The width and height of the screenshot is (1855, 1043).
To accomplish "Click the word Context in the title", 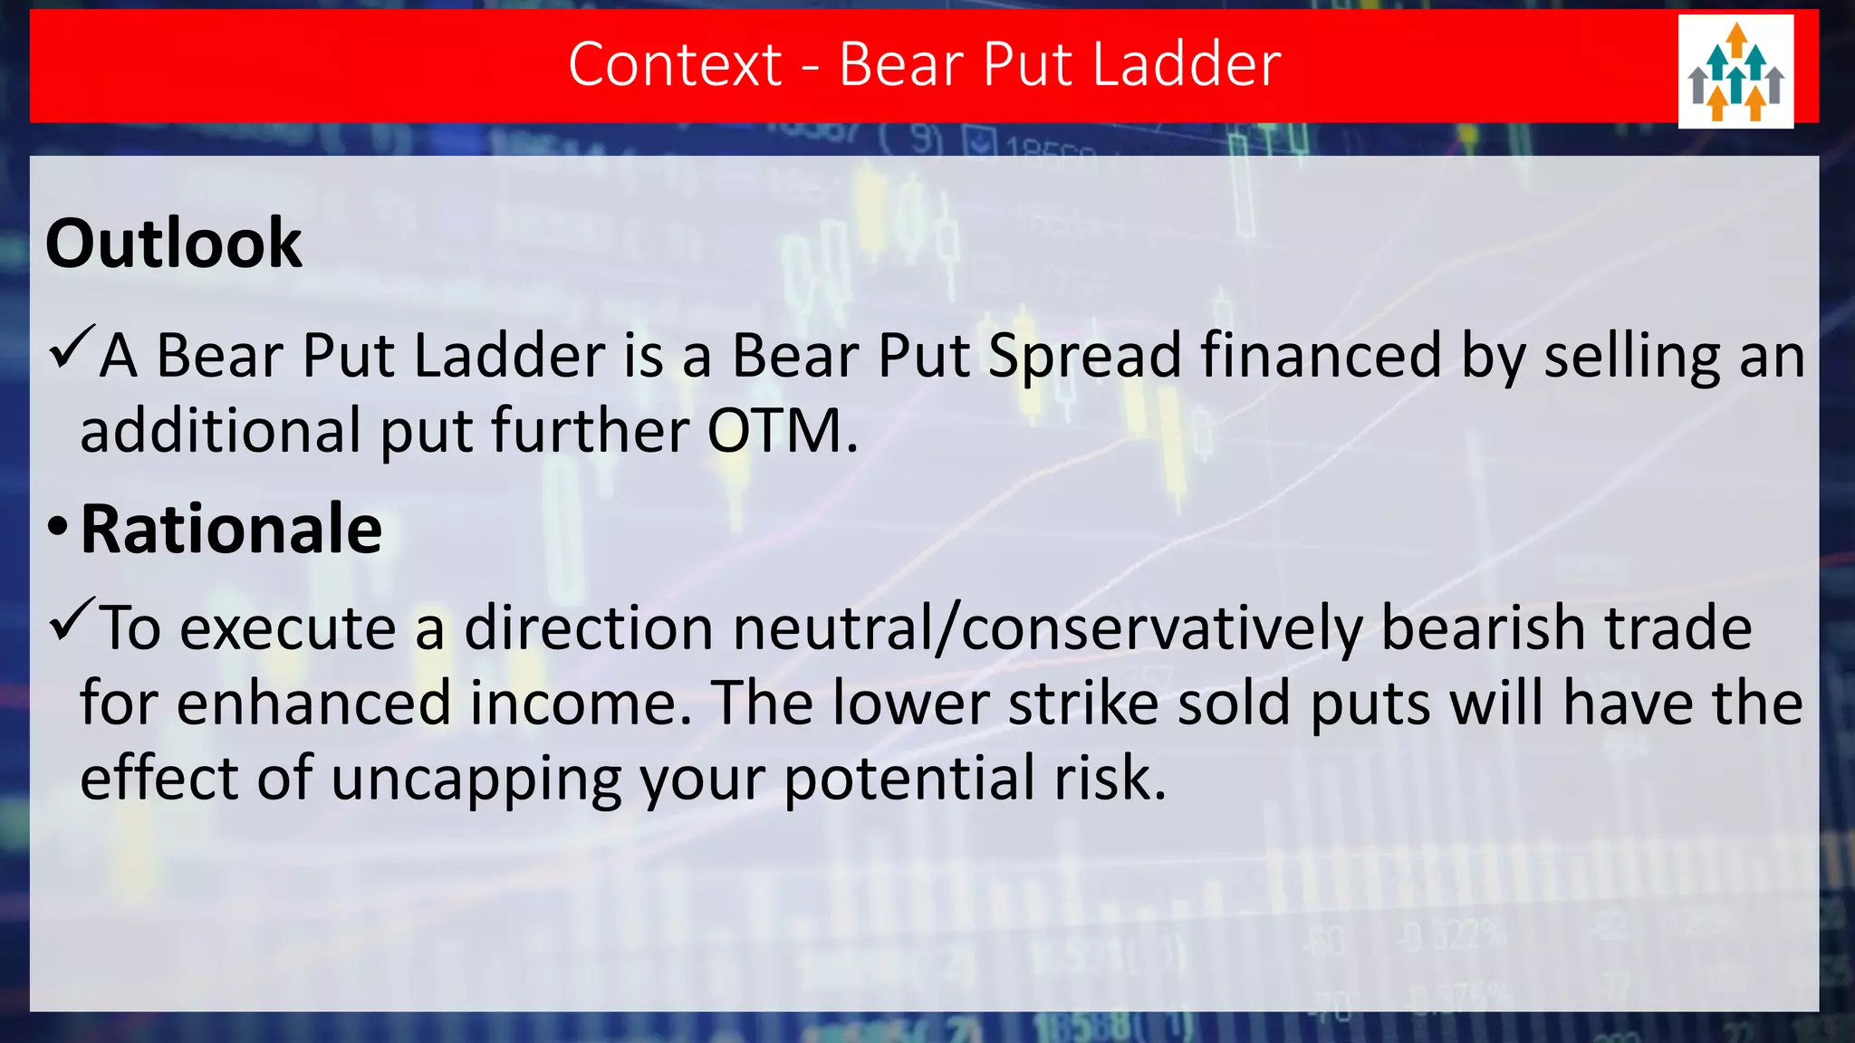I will pyautogui.click(x=675, y=64).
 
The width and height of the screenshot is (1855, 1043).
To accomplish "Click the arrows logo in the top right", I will pyautogui.click(x=1735, y=72).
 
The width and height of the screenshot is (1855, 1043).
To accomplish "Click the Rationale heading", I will pyautogui.click(x=231, y=530).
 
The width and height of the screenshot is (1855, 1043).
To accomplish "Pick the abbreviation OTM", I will pyautogui.click(x=781, y=431).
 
